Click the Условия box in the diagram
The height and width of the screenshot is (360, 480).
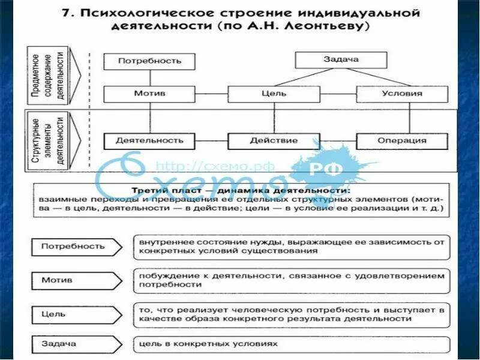(401, 94)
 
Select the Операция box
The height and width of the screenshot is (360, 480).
(401, 141)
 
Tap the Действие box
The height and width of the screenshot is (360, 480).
(273, 141)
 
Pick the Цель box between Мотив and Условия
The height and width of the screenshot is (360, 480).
(273, 94)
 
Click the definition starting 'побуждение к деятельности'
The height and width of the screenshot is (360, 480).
(291, 280)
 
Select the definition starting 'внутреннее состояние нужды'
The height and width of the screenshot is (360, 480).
(291, 246)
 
